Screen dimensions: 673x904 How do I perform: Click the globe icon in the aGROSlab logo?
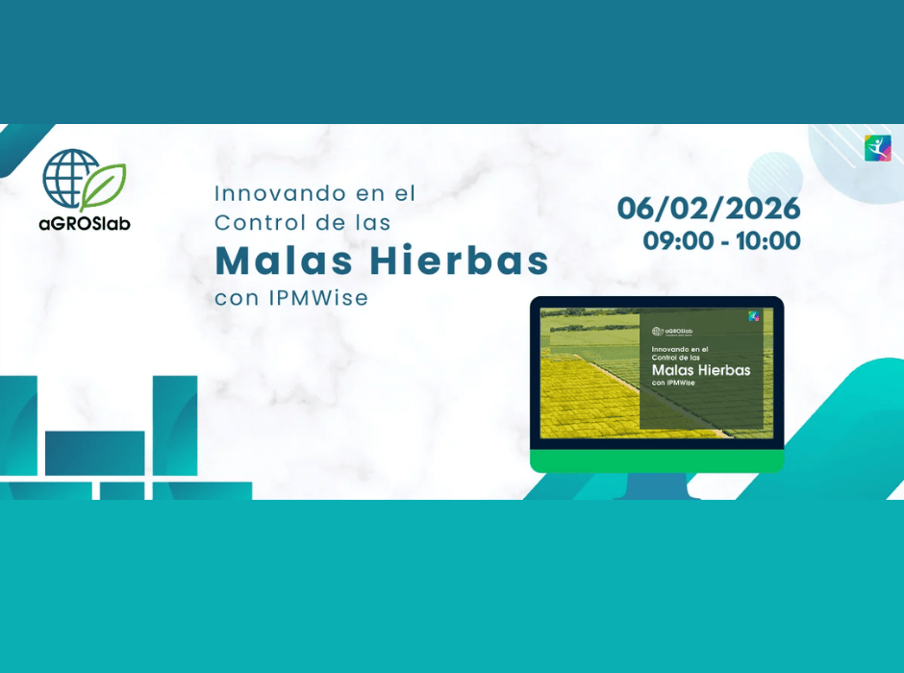[x=70, y=179]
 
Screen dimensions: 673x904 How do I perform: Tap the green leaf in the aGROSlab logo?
[x=104, y=186]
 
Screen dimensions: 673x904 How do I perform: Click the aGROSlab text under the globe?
[x=85, y=223]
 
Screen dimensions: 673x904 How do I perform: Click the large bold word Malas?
[x=281, y=260]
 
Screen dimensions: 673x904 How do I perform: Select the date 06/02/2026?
[x=709, y=208]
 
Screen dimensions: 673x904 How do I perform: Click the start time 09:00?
[x=677, y=241]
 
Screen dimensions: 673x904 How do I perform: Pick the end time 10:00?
[x=767, y=241]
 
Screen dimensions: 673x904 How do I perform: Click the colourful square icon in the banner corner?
[x=877, y=148]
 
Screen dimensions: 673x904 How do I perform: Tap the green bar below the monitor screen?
[x=657, y=461]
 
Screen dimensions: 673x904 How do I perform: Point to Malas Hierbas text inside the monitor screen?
[x=700, y=369]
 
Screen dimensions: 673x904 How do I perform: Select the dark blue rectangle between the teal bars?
[x=94, y=452]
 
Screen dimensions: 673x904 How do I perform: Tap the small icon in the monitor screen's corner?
[x=754, y=316]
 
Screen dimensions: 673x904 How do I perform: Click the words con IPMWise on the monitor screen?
[x=674, y=383]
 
